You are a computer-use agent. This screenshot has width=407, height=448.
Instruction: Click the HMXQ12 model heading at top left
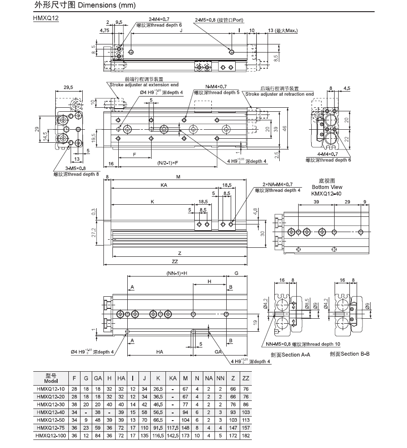(46, 18)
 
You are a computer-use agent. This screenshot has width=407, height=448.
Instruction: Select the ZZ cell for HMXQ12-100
(246, 435)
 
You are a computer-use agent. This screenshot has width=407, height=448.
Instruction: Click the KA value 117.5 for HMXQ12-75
(173, 428)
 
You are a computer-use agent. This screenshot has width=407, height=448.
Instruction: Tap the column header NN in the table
(220, 378)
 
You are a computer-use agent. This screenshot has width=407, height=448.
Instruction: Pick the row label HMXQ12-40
(51, 412)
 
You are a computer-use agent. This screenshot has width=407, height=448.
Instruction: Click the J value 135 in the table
(144, 435)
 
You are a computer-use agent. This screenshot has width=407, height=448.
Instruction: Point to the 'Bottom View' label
(327, 187)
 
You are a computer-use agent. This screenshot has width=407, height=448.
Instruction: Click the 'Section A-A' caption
(291, 355)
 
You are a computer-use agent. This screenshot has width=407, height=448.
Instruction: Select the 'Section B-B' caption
(350, 354)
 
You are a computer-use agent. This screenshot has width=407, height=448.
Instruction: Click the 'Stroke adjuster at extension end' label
(144, 84)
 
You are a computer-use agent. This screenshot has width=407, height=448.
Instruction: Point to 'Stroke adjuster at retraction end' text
(279, 94)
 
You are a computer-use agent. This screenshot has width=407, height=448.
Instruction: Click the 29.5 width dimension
(68, 88)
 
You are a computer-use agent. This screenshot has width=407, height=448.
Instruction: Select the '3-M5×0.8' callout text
(76, 168)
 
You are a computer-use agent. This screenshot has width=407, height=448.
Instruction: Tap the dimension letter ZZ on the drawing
(174, 261)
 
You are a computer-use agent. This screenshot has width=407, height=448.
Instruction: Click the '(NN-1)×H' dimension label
(177, 273)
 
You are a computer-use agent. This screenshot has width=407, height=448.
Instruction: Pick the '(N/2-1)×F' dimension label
(168, 163)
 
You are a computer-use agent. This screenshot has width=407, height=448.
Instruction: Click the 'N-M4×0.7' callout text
(216, 87)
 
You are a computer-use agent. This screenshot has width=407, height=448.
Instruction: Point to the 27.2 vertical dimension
(94, 233)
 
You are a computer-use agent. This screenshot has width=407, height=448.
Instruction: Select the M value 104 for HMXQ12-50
(185, 420)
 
